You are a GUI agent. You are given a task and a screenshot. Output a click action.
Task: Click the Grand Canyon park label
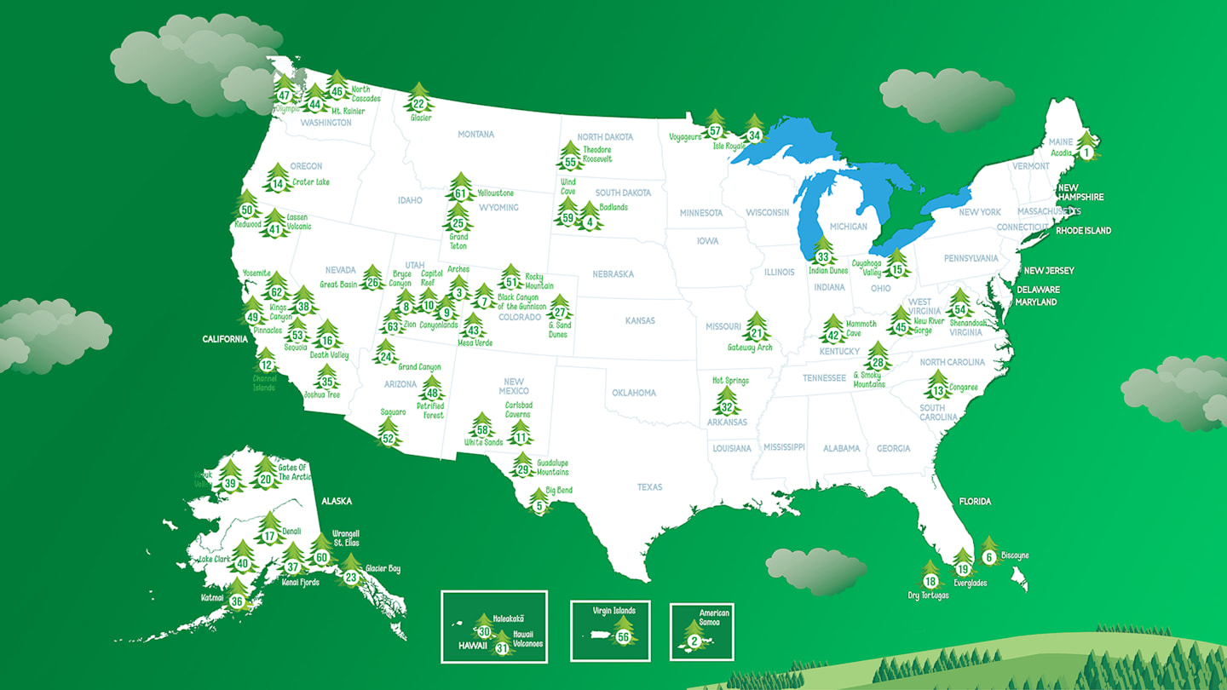419,367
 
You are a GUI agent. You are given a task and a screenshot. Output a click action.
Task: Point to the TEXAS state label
649,487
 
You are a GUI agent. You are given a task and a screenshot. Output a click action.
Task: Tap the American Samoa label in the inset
714,618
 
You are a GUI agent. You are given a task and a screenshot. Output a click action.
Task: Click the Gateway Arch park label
750,348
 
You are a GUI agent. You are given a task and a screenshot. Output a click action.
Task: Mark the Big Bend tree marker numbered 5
539,503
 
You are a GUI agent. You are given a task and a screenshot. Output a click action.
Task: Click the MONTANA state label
475,135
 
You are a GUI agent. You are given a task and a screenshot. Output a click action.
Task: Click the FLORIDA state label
975,502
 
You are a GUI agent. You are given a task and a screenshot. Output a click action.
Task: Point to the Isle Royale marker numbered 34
753,133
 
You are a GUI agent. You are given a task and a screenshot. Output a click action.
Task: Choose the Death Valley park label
329,355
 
